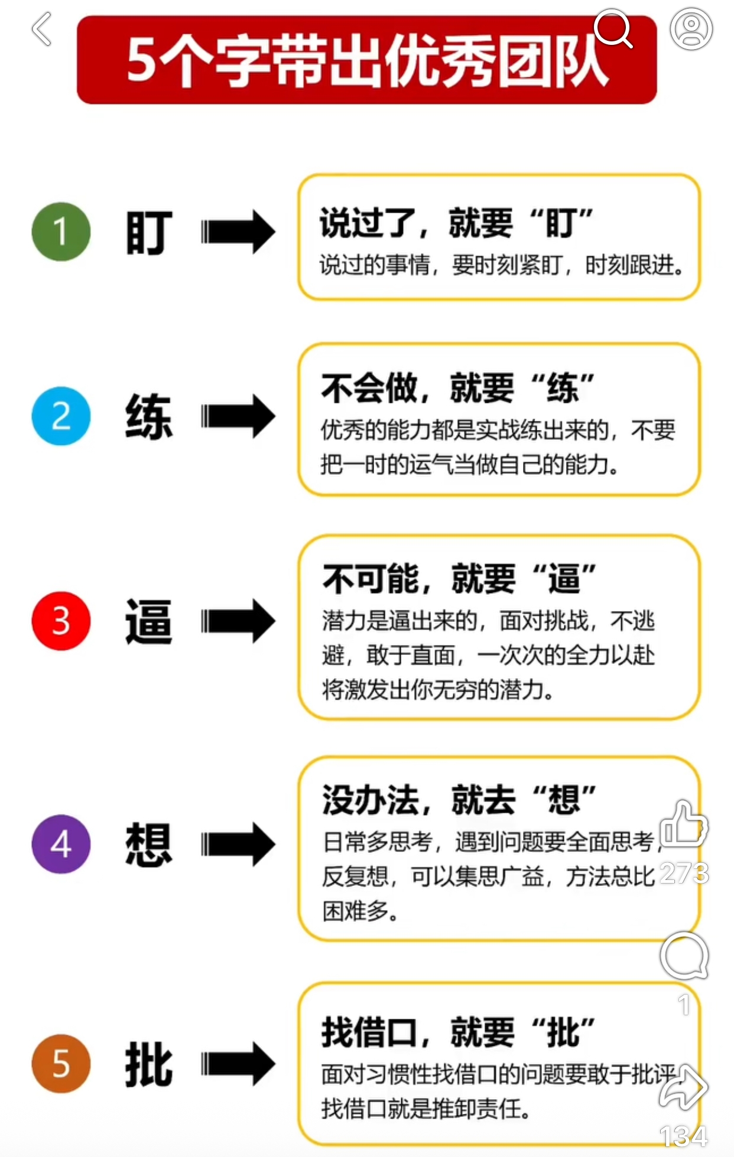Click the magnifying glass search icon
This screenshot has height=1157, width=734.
613,28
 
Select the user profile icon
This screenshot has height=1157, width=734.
691,28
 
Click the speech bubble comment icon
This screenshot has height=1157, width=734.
684,956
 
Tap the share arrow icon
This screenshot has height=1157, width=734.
684,1087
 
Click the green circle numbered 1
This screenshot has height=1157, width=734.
61,232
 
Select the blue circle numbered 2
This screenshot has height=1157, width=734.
61,416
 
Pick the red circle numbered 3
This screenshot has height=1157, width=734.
61,621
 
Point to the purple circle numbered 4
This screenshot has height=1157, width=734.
61,844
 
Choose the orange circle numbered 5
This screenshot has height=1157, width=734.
61,1063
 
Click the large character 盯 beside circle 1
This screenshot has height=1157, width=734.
149,232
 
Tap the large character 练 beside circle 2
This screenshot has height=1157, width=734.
149,416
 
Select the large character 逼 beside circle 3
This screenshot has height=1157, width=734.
149,621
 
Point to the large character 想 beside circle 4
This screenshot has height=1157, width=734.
149,845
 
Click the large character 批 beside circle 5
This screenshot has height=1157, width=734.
149,1064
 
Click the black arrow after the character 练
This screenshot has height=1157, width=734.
238,416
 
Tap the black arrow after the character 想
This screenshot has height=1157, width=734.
238,845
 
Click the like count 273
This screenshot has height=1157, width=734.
684,873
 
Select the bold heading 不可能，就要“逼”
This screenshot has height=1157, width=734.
459,578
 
